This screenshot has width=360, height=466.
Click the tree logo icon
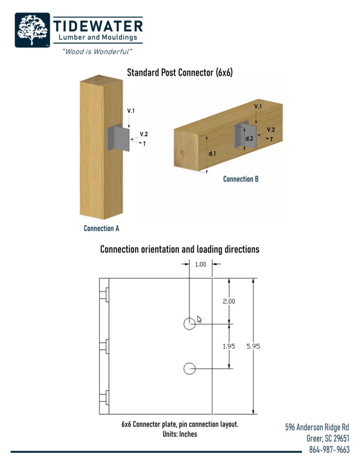point(32,30)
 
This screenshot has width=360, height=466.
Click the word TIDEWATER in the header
point(98,25)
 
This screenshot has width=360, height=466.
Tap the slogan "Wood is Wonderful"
point(97,51)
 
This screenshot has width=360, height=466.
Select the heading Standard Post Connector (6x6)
point(180,72)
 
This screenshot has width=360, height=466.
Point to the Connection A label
point(101,228)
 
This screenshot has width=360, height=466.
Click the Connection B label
point(241,179)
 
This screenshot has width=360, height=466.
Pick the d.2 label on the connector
point(249,138)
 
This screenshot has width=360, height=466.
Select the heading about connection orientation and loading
point(180,249)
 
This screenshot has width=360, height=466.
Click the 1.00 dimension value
point(201,264)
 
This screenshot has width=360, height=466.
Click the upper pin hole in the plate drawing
point(189,323)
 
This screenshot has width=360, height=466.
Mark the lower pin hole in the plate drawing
point(189,368)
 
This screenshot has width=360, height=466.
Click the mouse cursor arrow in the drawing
point(199,319)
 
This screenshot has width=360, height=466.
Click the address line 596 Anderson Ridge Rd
point(317,427)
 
